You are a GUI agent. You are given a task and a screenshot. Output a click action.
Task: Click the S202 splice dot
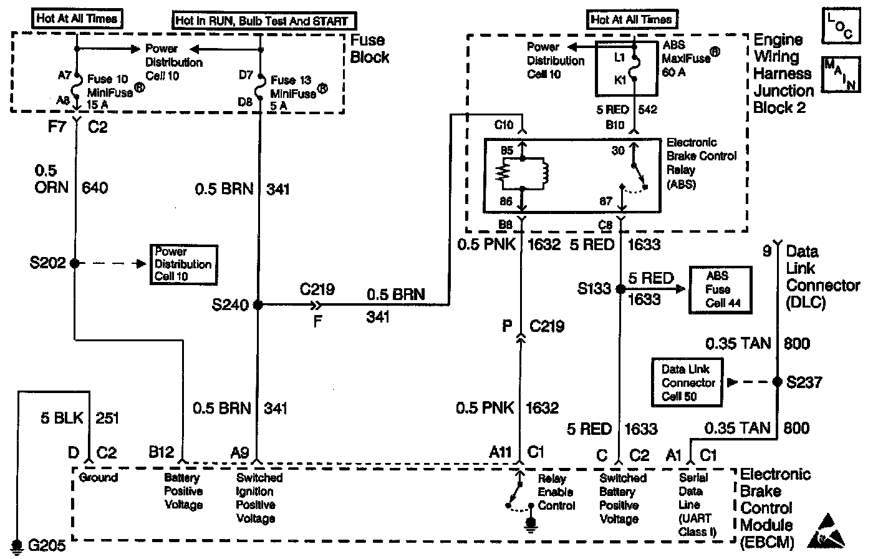tap(75, 263)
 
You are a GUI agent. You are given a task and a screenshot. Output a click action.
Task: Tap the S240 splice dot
tap(258, 304)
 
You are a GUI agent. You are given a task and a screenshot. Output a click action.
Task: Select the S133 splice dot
tap(620, 289)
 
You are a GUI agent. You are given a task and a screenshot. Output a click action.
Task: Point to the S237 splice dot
tap(777, 382)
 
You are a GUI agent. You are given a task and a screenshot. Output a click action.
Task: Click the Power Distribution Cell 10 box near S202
tap(183, 264)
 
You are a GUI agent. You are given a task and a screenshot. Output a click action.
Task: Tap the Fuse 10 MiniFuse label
tap(110, 92)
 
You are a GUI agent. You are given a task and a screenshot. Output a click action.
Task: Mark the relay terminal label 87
tap(606, 201)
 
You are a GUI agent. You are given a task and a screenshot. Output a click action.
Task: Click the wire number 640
tap(95, 187)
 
